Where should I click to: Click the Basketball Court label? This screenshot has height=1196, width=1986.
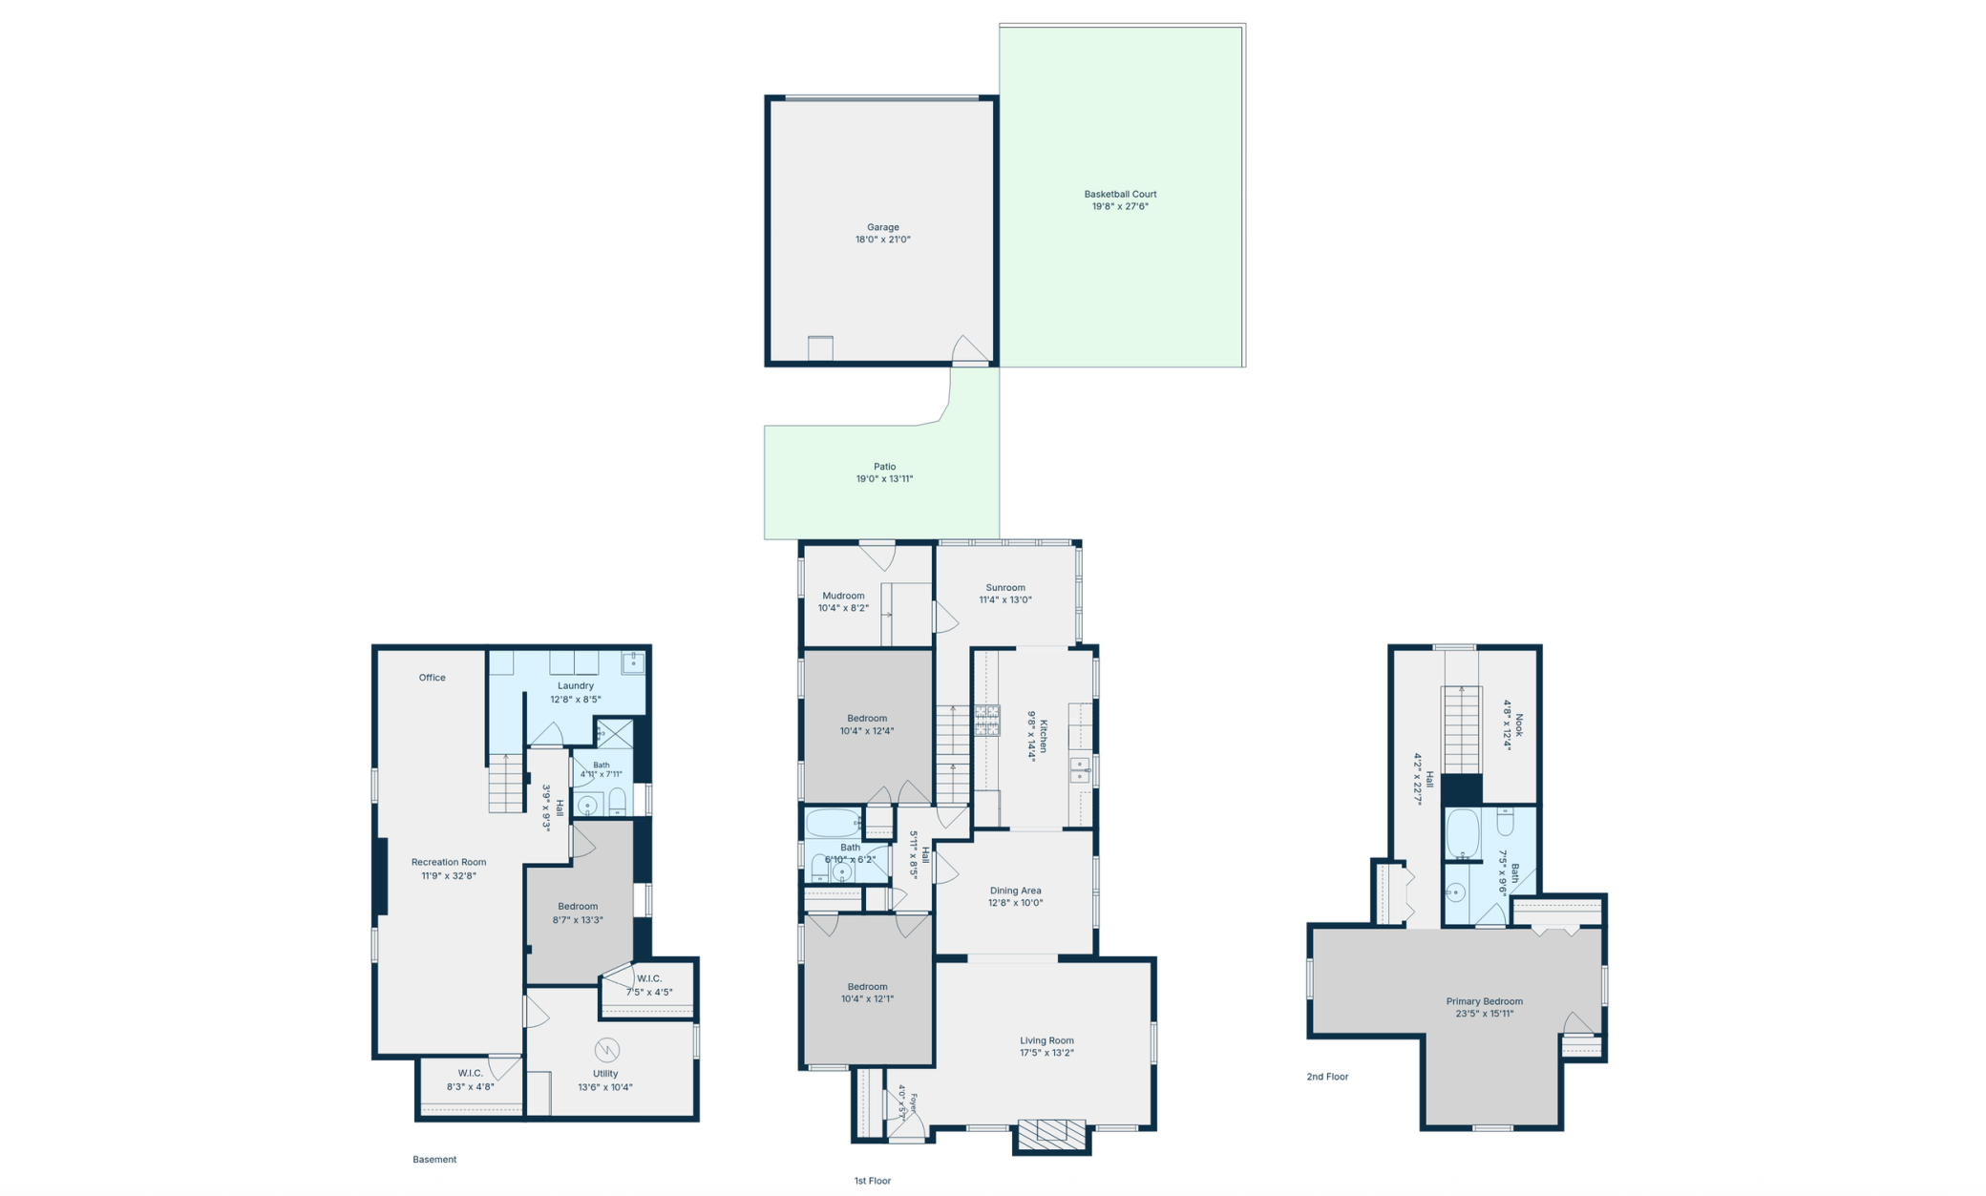[x=1120, y=194]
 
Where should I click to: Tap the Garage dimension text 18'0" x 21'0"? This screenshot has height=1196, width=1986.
[x=883, y=240]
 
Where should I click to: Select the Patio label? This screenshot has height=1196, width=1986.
[x=884, y=467]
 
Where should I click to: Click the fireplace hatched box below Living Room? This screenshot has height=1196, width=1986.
[x=1051, y=1134]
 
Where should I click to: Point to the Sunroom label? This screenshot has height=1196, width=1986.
[x=1005, y=588]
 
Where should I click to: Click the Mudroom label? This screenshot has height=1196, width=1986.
[x=843, y=596]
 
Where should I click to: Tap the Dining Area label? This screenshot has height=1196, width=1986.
[x=1015, y=891]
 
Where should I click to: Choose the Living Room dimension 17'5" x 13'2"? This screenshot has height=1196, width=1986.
[x=1046, y=1053]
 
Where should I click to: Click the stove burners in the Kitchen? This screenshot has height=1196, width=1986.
[x=987, y=720]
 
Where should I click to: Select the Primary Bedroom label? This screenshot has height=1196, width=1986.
[x=1484, y=1001]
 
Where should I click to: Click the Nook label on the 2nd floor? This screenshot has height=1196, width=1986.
[x=1519, y=725]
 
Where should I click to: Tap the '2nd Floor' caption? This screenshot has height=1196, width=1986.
[x=1327, y=1077]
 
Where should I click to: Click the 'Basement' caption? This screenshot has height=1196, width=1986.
[x=434, y=1160]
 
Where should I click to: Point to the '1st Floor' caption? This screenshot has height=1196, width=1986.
[x=872, y=1181]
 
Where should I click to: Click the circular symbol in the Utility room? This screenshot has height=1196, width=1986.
[x=606, y=1050]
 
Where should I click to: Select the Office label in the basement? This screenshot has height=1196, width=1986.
[x=432, y=678]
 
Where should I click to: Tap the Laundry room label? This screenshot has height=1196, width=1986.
[x=576, y=685]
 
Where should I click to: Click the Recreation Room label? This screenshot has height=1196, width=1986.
[x=449, y=862]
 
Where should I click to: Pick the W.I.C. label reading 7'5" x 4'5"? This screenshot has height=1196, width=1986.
[x=649, y=992]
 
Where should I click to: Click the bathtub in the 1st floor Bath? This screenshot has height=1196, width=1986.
[x=833, y=822]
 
